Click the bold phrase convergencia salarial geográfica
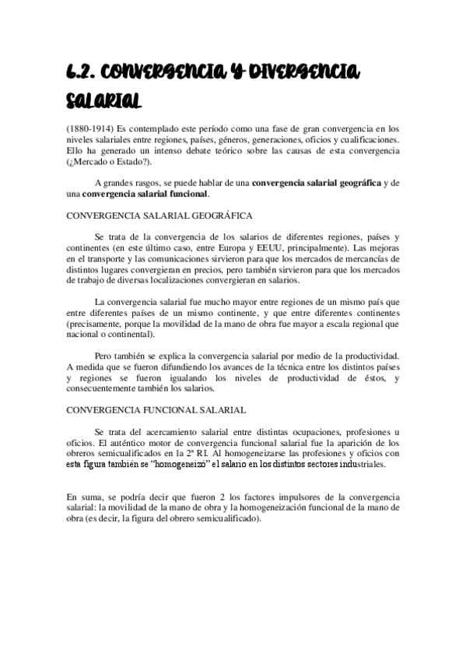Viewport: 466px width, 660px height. tap(317, 183)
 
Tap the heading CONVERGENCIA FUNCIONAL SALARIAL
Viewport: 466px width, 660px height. tap(157, 409)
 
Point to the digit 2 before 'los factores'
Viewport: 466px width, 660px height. tap(222, 497)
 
